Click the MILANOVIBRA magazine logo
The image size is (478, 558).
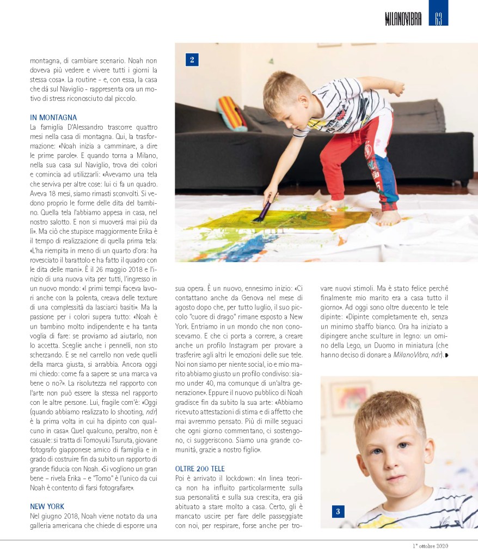point(403,20)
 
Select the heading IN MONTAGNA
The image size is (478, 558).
point(53,117)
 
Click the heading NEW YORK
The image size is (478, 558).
point(47,506)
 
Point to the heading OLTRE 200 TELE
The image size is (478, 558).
point(200,469)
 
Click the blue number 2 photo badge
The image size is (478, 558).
point(192,59)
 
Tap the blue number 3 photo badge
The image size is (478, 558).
point(338,511)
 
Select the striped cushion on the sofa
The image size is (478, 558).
point(231,113)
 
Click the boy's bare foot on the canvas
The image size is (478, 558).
point(388,219)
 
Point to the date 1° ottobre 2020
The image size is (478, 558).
point(430,546)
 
